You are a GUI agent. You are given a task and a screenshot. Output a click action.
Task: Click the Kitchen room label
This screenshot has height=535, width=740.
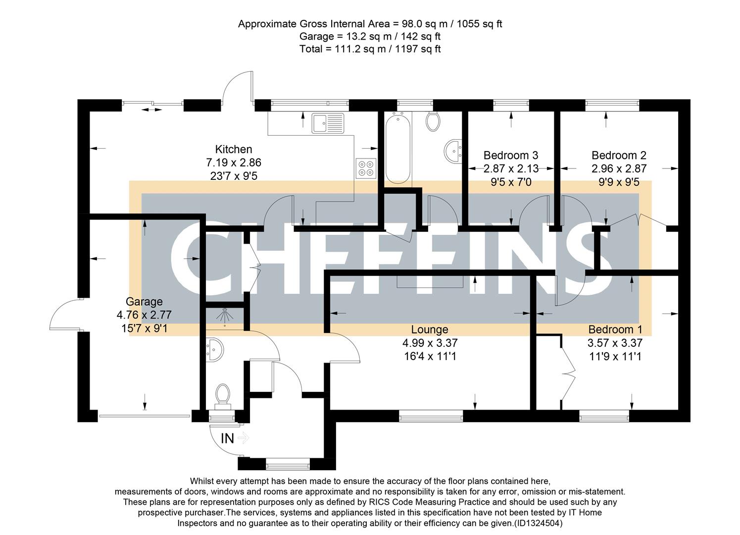click(234, 149)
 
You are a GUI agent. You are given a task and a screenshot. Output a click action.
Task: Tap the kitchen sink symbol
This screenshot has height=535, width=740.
click(328, 123)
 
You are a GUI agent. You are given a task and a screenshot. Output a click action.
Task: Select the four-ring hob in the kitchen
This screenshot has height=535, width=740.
click(366, 168)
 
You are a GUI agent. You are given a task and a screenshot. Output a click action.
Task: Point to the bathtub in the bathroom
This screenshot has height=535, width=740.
click(398, 148)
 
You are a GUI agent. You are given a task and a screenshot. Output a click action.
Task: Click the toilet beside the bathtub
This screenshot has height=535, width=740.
click(433, 121)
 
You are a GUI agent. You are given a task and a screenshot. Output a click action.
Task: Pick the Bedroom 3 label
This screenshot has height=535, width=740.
click(511, 155)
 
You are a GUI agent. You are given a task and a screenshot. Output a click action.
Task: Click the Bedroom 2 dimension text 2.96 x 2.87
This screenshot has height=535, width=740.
click(619, 168)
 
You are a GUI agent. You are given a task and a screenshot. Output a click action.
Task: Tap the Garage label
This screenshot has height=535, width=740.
click(144, 302)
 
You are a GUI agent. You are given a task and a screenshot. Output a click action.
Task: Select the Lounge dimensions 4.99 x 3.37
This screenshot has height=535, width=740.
click(430, 343)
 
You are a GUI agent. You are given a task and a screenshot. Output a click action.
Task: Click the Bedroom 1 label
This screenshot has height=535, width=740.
click(615, 329)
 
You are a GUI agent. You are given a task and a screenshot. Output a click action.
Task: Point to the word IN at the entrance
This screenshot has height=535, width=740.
click(227, 438)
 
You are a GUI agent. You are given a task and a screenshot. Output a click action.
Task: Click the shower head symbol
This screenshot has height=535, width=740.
click(225, 315)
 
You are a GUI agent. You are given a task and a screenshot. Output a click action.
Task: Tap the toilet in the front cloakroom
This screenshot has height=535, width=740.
click(223, 396)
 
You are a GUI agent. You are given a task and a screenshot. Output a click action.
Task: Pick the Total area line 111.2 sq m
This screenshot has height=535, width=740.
click(370, 49)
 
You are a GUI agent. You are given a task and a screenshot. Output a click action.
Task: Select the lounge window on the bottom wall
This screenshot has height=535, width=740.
click(431, 416)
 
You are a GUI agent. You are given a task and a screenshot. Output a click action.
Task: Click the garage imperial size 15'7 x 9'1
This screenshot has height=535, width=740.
click(145, 328)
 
